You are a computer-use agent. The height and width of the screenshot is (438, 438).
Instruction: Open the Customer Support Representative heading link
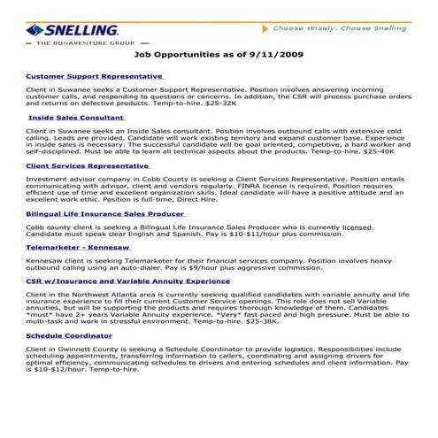pos(95,76)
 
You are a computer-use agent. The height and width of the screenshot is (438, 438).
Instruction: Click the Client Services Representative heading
pos(88,165)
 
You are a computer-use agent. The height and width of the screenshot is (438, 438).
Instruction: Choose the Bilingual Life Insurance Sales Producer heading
pos(105,213)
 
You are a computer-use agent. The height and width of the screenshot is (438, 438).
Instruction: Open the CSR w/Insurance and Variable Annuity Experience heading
pos(128,281)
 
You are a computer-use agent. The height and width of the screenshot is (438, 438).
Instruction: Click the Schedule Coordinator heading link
pos(69,337)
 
